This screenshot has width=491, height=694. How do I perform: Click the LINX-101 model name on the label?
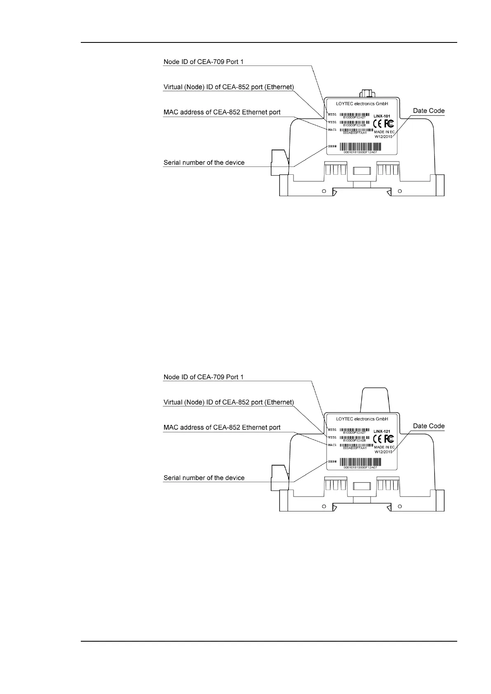pyautogui.click(x=381, y=116)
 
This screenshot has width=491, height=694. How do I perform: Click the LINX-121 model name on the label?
pyautogui.click(x=381, y=431)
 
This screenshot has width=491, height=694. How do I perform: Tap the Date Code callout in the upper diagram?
pyautogui.click(x=429, y=110)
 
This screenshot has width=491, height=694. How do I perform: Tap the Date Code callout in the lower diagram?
pyautogui.click(x=429, y=426)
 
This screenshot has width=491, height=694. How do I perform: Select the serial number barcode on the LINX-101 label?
pyautogui.click(x=360, y=146)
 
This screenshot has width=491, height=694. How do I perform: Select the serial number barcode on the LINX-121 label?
pyautogui.click(x=360, y=462)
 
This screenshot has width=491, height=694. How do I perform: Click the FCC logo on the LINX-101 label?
pyautogui.click(x=389, y=124)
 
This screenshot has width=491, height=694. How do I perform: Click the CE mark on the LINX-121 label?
pyautogui.click(x=377, y=439)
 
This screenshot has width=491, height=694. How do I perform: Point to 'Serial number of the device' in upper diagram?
pyautogui.click(x=204, y=162)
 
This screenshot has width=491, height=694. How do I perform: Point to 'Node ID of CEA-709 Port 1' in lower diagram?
pyautogui.click(x=204, y=377)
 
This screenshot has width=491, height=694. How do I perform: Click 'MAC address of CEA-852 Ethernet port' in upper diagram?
pyautogui.click(x=222, y=112)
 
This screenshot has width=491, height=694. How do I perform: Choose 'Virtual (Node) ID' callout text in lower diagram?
pyautogui.click(x=229, y=402)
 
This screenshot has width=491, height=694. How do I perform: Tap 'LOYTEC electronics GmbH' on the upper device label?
pyautogui.click(x=362, y=103)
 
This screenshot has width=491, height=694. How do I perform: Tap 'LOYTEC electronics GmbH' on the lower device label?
pyautogui.click(x=362, y=419)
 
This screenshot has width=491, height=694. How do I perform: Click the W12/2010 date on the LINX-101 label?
pyautogui.click(x=383, y=136)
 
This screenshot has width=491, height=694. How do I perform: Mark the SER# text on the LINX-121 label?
pyautogui.click(x=332, y=461)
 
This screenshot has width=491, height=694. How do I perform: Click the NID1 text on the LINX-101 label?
pyautogui.click(x=332, y=115)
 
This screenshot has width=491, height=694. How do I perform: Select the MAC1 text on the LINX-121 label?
pyautogui.click(x=332, y=445)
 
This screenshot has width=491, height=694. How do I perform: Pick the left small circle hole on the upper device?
pyautogui.click(x=324, y=191)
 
